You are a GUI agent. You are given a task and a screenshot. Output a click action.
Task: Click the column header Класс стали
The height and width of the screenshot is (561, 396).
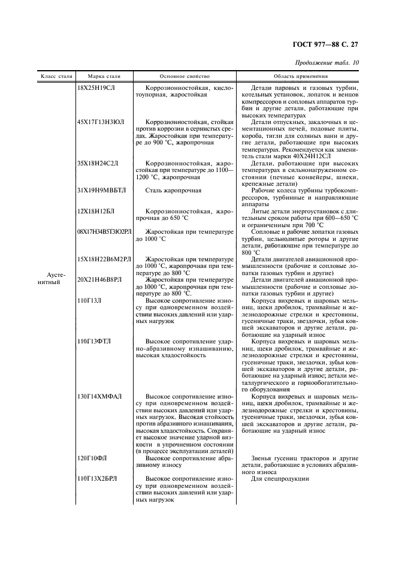[56, 77]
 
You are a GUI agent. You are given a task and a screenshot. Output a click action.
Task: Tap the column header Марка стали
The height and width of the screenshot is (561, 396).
[104, 77]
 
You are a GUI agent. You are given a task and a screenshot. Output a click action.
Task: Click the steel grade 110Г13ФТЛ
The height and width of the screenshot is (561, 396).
[94, 341]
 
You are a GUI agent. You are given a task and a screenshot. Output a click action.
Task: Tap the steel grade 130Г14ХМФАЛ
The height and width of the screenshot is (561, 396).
[99, 396]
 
